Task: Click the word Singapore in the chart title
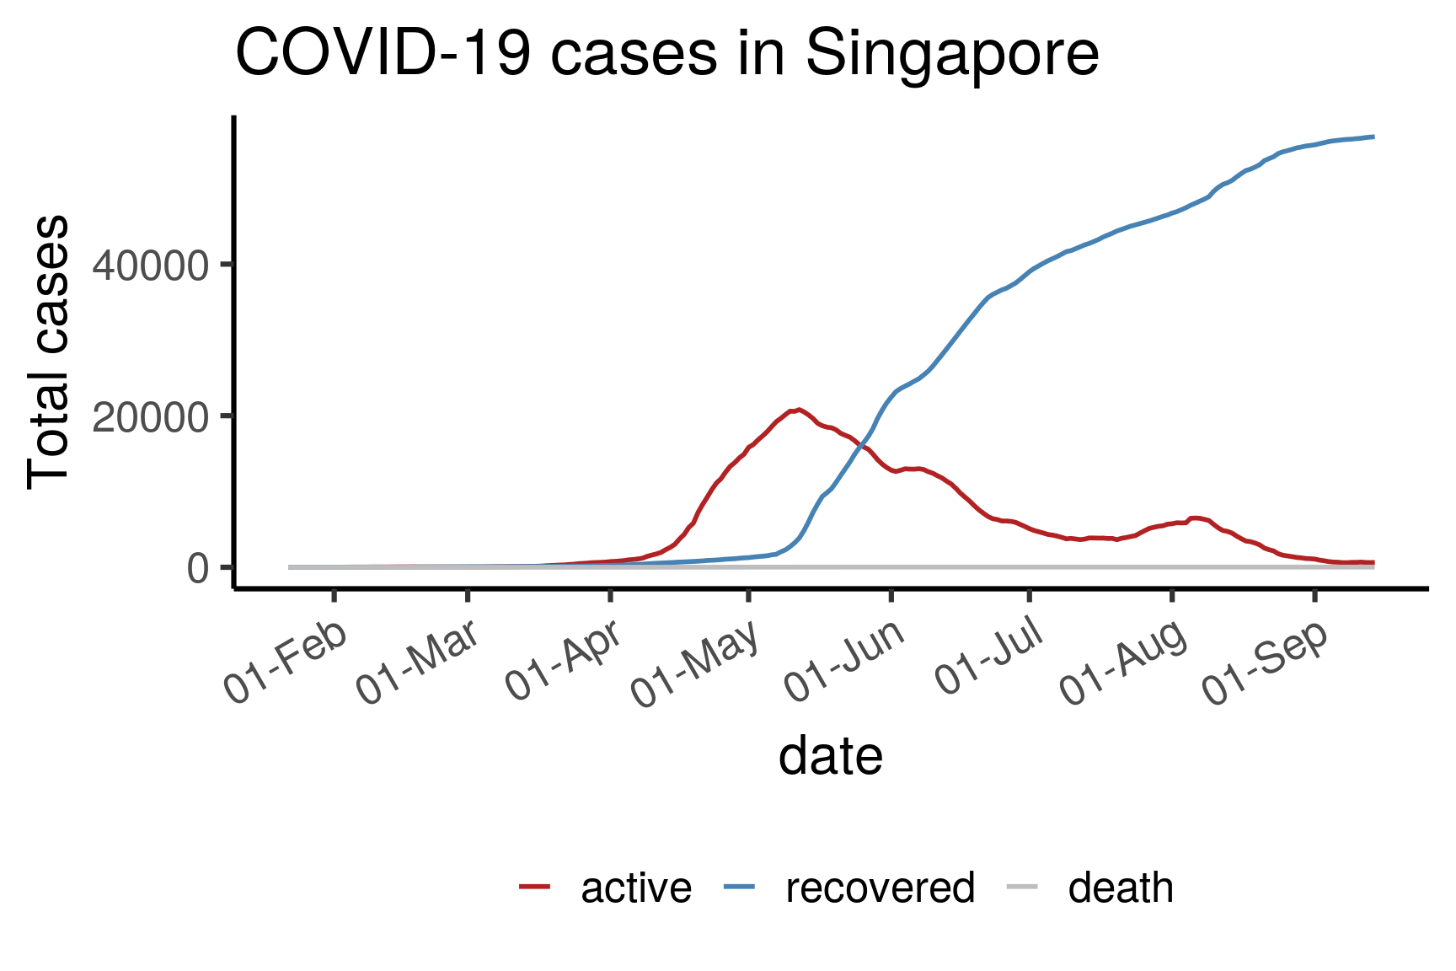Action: coord(952,55)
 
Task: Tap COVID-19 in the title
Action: coord(383,55)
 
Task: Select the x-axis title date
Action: coord(830,755)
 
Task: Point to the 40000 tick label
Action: coord(150,266)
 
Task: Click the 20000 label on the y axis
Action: coord(150,417)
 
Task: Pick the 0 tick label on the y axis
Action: coord(197,569)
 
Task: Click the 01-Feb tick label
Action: coord(286,663)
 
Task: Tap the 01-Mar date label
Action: coord(419,663)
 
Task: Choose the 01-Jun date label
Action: coord(845,663)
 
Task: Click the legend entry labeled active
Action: coord(636,888)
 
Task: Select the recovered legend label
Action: coord(880,888)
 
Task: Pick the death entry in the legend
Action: coord(1121,888)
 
